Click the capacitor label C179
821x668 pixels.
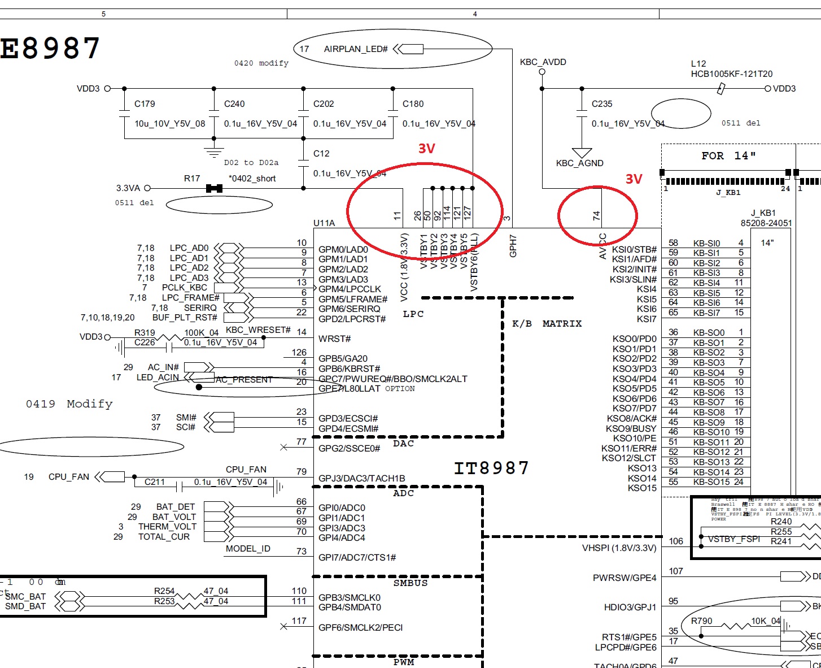point(145,104)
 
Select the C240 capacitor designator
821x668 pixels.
point(234,104)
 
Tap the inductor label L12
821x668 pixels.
point(698,64)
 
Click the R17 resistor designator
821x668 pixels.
point(192,179)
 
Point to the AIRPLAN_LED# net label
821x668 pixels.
point(356,49)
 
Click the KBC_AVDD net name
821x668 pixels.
point(543,62)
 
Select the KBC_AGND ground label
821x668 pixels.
point(579,163)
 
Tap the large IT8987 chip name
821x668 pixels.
point(491,468)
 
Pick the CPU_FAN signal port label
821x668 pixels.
point(69,477)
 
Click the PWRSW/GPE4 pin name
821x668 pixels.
point(625,578)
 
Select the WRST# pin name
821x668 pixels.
point(334,339)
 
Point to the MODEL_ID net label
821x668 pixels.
point(248,549)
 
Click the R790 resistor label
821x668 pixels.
point(702,621)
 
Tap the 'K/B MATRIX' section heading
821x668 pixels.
point(547,324)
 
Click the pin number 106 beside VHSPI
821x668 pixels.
point(676,541)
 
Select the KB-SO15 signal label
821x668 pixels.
point(711,482)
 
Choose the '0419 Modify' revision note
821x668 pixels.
point(69,404)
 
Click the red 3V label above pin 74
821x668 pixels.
point(634,179)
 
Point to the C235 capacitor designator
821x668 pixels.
point(602,104)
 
